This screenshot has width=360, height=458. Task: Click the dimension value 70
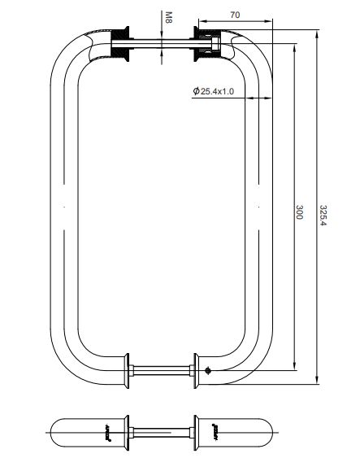click(235, 15)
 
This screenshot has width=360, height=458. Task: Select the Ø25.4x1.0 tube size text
click(216, 92)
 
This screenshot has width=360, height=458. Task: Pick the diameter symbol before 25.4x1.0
click(197, 92)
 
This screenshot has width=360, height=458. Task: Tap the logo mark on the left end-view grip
click(107, 428)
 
